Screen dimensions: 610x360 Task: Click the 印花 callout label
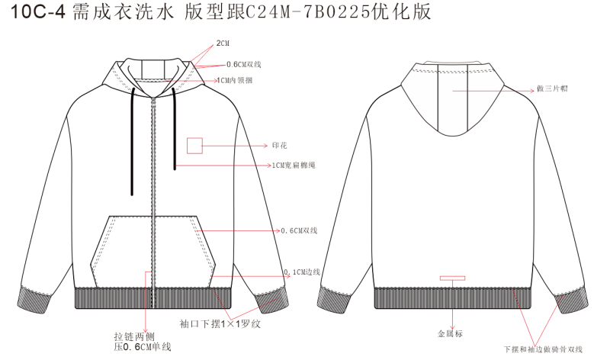[x=279, y=146]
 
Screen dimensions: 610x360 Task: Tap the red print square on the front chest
[x=194, y=146]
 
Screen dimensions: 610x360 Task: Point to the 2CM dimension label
[x=223, y=43]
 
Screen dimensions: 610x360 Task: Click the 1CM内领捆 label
[x=235, y=80]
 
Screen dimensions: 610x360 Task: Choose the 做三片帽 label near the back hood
[x=552, y=88]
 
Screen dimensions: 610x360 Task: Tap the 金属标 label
[x=450, y=333]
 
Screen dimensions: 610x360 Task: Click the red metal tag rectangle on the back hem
[x=452, y=278]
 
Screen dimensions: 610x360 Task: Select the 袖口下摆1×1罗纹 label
[x=220, y=324]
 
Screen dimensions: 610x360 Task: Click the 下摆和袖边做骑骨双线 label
[x=543, y=349]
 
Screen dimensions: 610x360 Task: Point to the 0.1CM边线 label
[x=302, y=272]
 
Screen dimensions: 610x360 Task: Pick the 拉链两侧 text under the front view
[x=134, y=336]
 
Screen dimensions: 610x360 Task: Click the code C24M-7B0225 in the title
[x=307, y=12]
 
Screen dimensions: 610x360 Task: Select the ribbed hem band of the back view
[x=452, y=298]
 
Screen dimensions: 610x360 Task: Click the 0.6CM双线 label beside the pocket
[x=299, y=231]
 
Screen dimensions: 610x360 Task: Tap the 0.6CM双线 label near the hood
[x=244, y=65]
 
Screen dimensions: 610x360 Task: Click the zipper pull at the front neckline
[x=153, y=102]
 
